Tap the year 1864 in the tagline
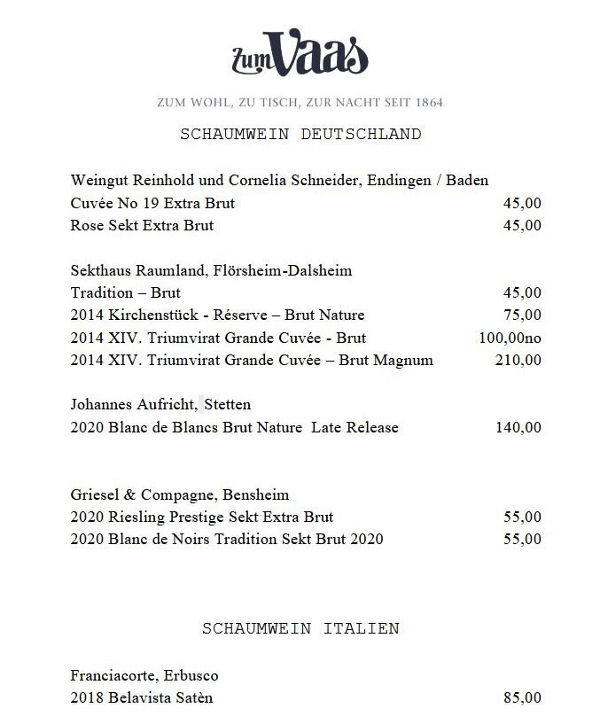tap(426, 102)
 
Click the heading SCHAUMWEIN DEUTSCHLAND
tap(300, 135)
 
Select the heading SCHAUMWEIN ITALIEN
tap(300, 628)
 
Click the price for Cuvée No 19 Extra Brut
tap(521, 203)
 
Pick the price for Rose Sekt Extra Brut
tap(521, 225)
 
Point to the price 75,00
tap(521, 315)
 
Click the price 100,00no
tap(510, 338)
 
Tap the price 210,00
tap(518, 360)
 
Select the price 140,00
tap(518, 427)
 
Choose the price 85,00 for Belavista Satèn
tap(521, 697)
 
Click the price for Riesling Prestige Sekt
tap(521, 517)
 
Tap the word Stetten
tap(229, 405)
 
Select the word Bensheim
tap(258, 494)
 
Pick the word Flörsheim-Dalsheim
tap(277, 270)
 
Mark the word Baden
tap(467, 180)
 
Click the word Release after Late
tap(372, 427)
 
